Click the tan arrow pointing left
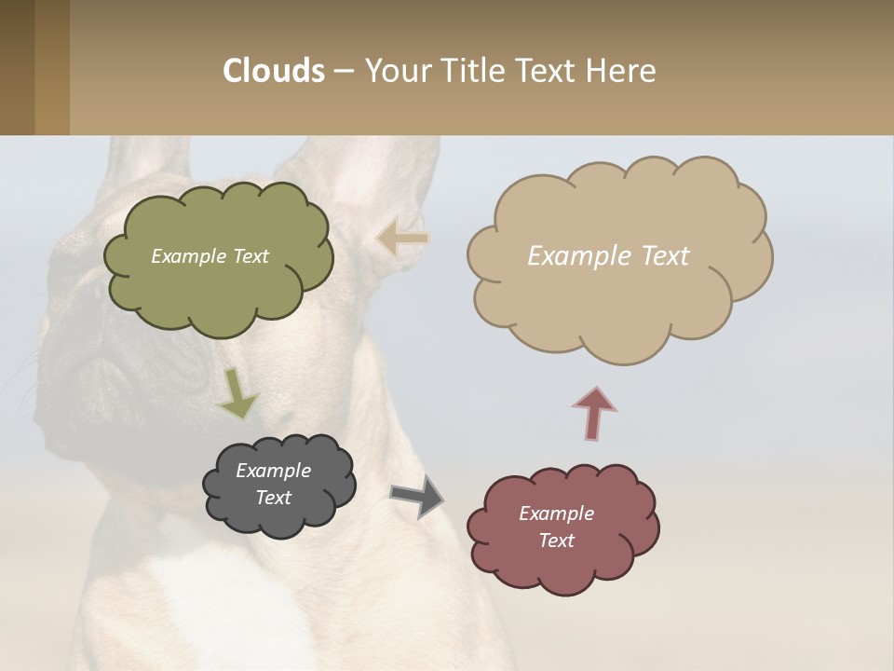tap(402, 239)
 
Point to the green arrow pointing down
tap(237, 393)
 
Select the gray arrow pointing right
tap(417, 495)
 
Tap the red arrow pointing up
tap(594, 413)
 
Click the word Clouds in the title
tap(274, 71)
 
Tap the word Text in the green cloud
tap(251, 256)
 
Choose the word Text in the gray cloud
tap(274, 498)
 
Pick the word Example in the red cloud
tap(556, 514)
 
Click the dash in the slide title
tap(344, 71)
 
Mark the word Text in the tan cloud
tap(665, 256)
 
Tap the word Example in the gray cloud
tap(274, 471)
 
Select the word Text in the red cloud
tap(556, 541)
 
